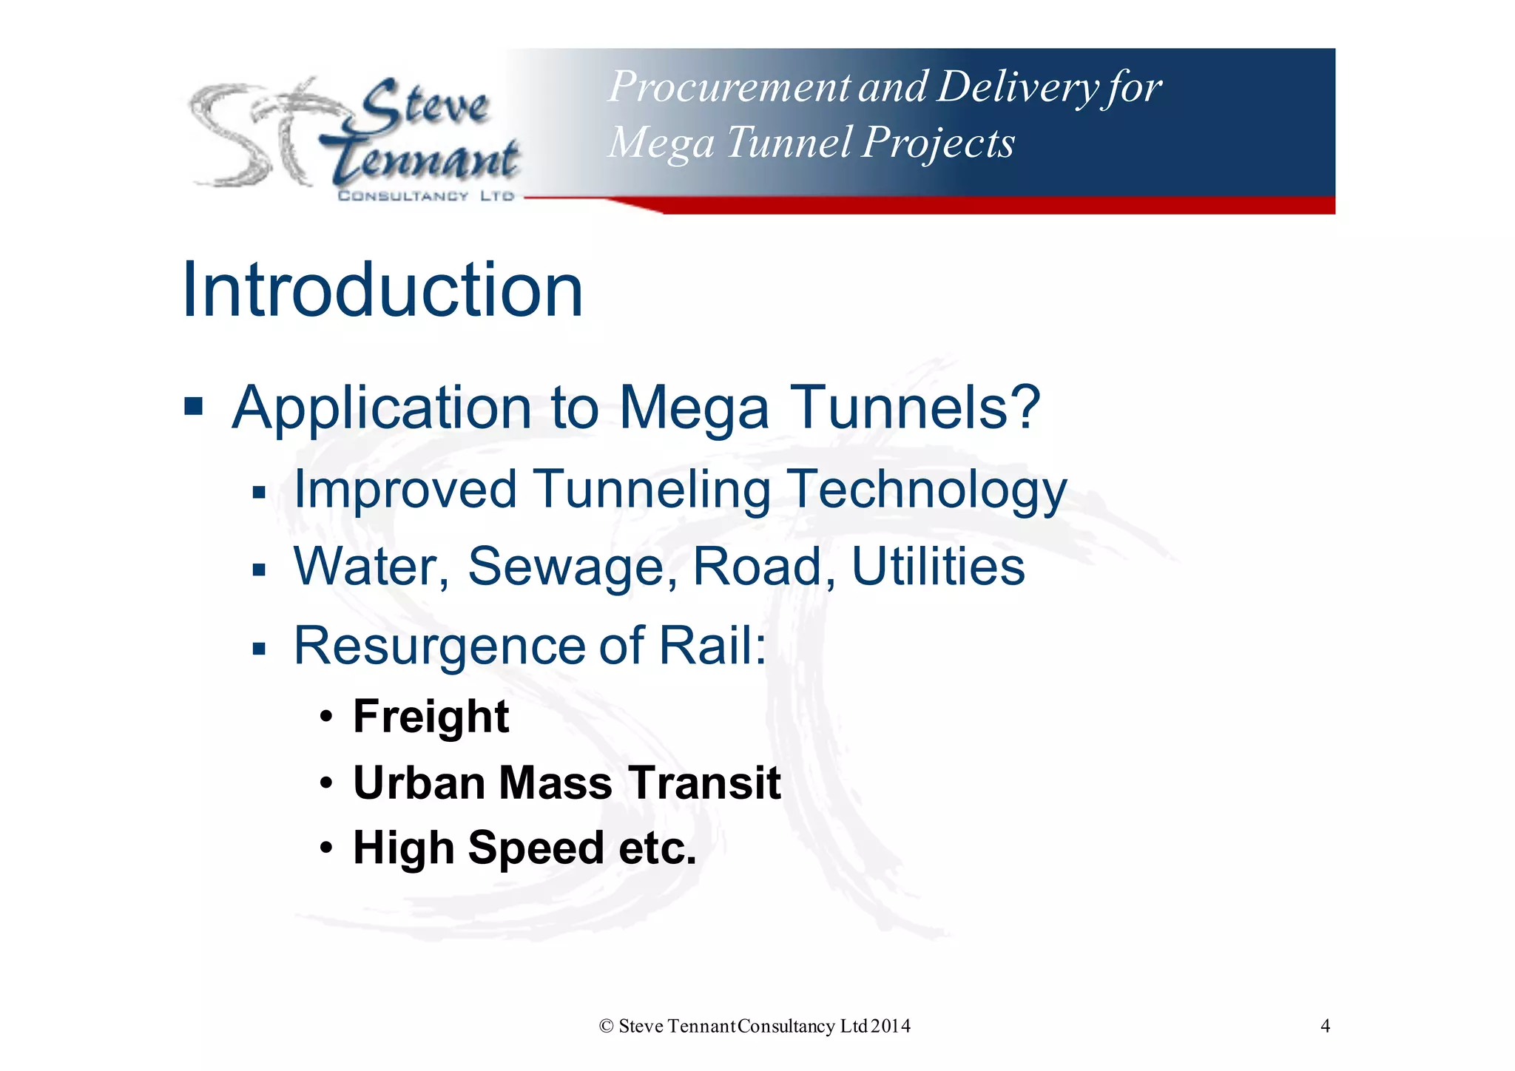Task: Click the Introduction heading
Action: coord(382,290)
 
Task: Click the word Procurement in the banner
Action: coord(729,87)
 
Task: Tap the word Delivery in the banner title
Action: coord(1016,87)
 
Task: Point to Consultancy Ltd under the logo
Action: coord(425,196)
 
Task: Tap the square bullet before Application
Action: coord(193,406)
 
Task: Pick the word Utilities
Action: coord(937,567)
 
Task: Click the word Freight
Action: coord(431,717)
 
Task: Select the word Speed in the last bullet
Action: coord(536,848)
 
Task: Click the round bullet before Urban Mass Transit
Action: coord(327,783)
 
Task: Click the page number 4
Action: coord(1325,1026)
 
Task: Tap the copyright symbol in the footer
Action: coord(606,1026)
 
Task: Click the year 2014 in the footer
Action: coord(890,1026)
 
